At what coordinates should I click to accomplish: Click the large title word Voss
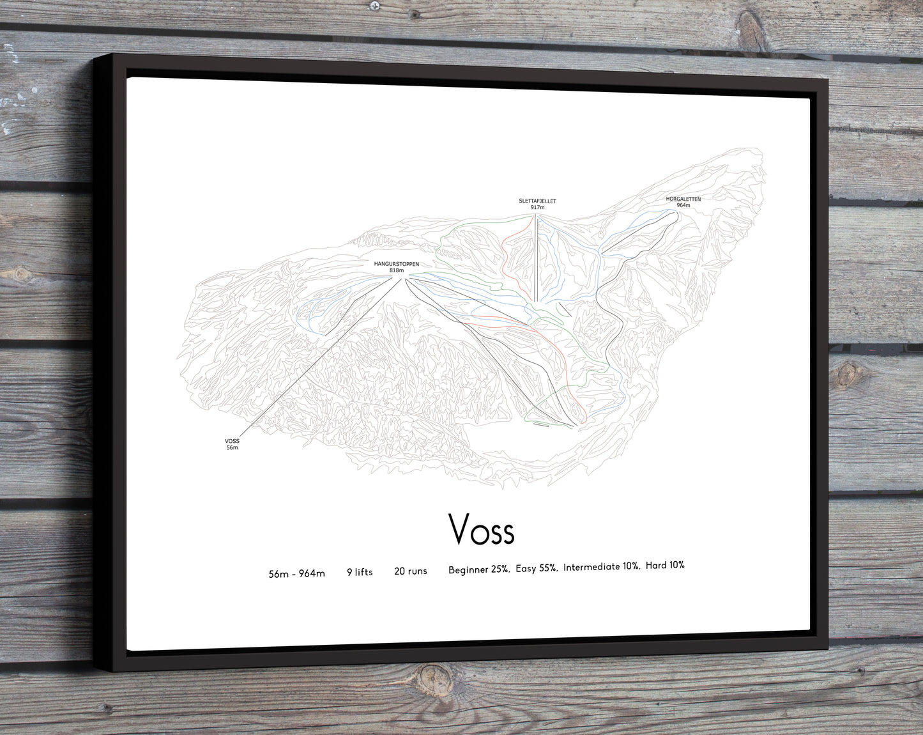point(481,529)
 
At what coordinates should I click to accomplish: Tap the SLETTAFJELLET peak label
point(537,201)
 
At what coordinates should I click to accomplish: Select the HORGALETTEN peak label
point(683,199)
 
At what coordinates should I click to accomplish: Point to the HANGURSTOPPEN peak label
point(397,263)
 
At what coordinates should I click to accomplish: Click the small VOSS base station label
point(232,441)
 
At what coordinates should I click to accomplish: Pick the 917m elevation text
point(537,207)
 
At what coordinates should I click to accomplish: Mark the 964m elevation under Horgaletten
point(683,205)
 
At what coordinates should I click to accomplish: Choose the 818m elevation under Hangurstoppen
point(397,270)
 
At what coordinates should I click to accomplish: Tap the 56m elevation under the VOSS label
point(232,447)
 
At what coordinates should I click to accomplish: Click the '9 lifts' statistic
point(360,572)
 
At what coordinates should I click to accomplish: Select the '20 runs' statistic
point(411,571)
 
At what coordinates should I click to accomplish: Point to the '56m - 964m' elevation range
point(296,574)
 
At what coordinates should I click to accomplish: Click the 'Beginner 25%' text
point(478,569)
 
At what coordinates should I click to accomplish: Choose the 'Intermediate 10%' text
point(601,566)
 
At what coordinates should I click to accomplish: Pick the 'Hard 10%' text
point(665,565)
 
